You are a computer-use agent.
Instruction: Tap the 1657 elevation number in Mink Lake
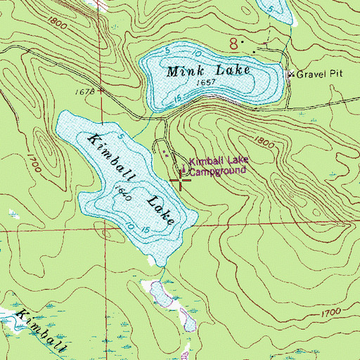tap(206, 83)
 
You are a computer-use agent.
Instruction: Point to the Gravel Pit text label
tap(319, 74)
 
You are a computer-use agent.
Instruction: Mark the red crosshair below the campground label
tap(181, 181)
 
